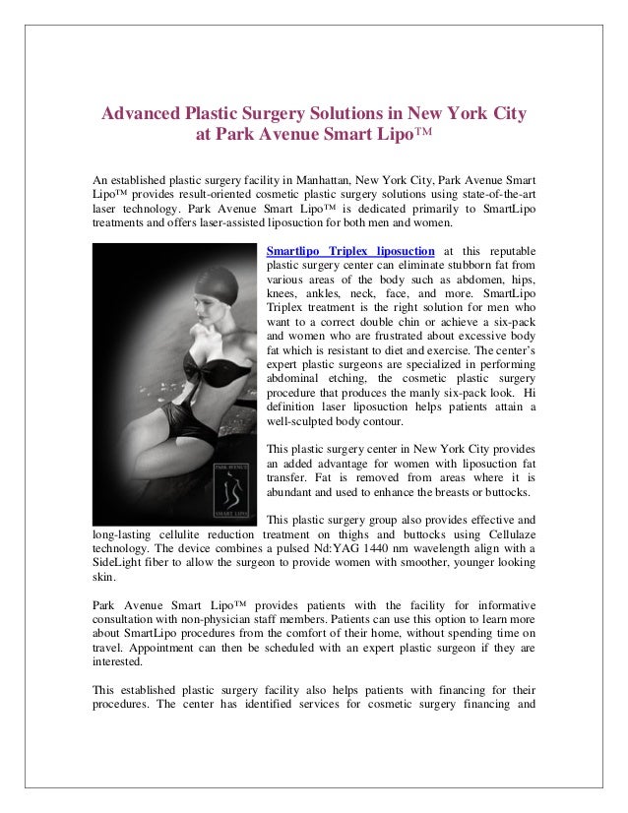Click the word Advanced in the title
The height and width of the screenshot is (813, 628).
click(151, 114)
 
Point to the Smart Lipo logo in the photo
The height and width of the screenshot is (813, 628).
click(232, 492)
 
